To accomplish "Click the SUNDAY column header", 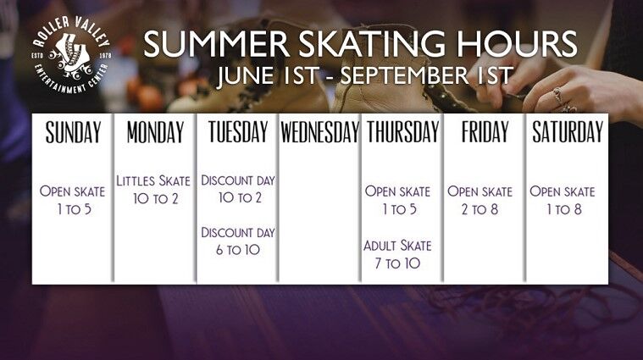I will coord(73,132).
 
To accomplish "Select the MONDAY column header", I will coord(155,132).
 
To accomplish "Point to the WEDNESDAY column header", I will coord(320,132).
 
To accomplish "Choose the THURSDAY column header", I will coord(402,132).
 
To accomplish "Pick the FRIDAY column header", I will coord(485,132).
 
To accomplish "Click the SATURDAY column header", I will coord(567,132).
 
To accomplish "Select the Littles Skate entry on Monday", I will coord(154,189).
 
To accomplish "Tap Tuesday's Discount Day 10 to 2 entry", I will coord(238,189).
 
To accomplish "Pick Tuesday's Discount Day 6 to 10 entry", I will coord(238,241).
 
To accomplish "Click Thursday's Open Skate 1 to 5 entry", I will coord(398,200).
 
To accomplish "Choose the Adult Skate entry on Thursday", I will coord(398,255).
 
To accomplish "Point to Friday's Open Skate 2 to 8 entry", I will coord(480,200).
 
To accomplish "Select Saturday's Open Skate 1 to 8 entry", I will coord(563,200).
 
